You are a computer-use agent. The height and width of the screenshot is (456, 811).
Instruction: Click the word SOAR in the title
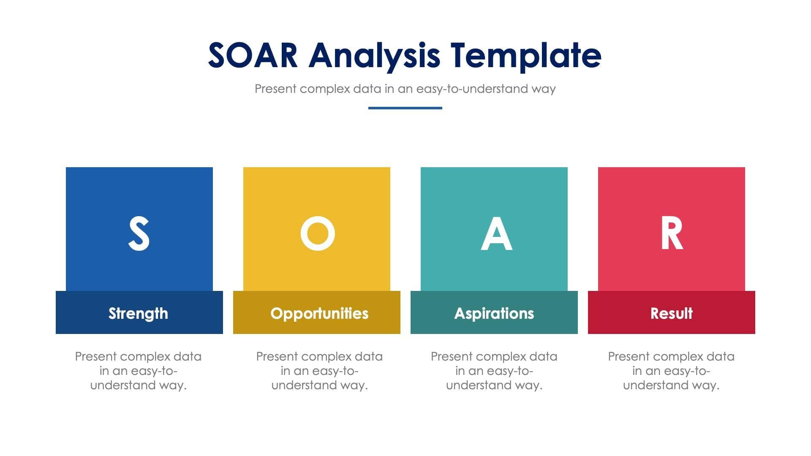253,55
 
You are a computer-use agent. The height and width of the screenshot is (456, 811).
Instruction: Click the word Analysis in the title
374,55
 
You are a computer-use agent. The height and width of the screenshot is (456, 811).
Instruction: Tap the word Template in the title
525,55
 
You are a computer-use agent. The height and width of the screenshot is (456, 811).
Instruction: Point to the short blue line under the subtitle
405,108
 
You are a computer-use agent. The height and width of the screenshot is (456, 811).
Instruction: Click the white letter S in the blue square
139,233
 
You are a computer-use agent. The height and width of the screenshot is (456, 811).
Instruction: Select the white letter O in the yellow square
318,233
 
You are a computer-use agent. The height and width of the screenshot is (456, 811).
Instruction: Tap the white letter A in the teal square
496,233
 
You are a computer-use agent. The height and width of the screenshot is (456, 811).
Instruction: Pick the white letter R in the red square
672,233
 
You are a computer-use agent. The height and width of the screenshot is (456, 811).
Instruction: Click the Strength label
138,313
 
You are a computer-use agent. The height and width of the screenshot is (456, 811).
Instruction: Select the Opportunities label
319,313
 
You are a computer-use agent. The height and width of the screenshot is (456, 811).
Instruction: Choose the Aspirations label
494,313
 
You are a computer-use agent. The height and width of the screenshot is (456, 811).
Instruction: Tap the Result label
671,313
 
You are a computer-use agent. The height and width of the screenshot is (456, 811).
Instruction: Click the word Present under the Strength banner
96,357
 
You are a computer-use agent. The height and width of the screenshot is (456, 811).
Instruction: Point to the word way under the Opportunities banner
354,385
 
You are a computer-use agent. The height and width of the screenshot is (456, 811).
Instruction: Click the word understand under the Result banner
655,385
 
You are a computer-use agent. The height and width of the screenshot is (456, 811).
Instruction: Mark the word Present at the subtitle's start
275,89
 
